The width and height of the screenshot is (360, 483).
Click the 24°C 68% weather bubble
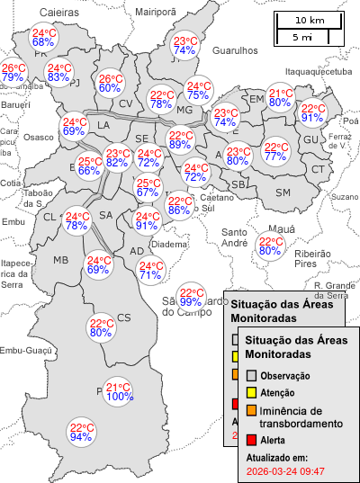pos(43,37)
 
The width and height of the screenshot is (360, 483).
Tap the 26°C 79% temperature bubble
pos(13,73)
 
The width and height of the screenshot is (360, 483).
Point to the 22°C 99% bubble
pos(191,297)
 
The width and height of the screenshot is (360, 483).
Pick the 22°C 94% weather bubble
pos(82,433)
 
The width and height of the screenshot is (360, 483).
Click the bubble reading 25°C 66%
pos(88,165)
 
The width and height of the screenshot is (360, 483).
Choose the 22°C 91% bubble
pos(312,112)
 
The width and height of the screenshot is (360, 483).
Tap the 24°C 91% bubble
pos(147,220)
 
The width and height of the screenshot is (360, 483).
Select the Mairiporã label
pos(155,12)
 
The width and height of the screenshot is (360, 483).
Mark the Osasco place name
pos(39,137)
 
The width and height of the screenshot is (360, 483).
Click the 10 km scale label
pos(309,20)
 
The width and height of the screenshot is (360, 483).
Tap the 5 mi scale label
pos(302,37)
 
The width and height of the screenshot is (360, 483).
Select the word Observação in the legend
pos(284,375)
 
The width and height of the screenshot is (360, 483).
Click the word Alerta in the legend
pos(274,440)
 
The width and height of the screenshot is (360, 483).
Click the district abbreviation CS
pos(124,317)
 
